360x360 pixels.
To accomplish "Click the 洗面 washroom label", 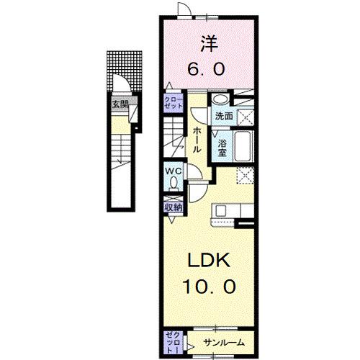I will pyautogui.click(x=222, y=115).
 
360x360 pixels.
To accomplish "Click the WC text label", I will pyautogui.click(x=173, y=171).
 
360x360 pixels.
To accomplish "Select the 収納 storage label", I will pyautogui.click(x=173, y=207).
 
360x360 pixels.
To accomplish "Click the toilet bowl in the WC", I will pyautogui.click(x=173, y=184).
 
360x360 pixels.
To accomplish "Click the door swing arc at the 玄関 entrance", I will pyautogui.click(x=126, y=86).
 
